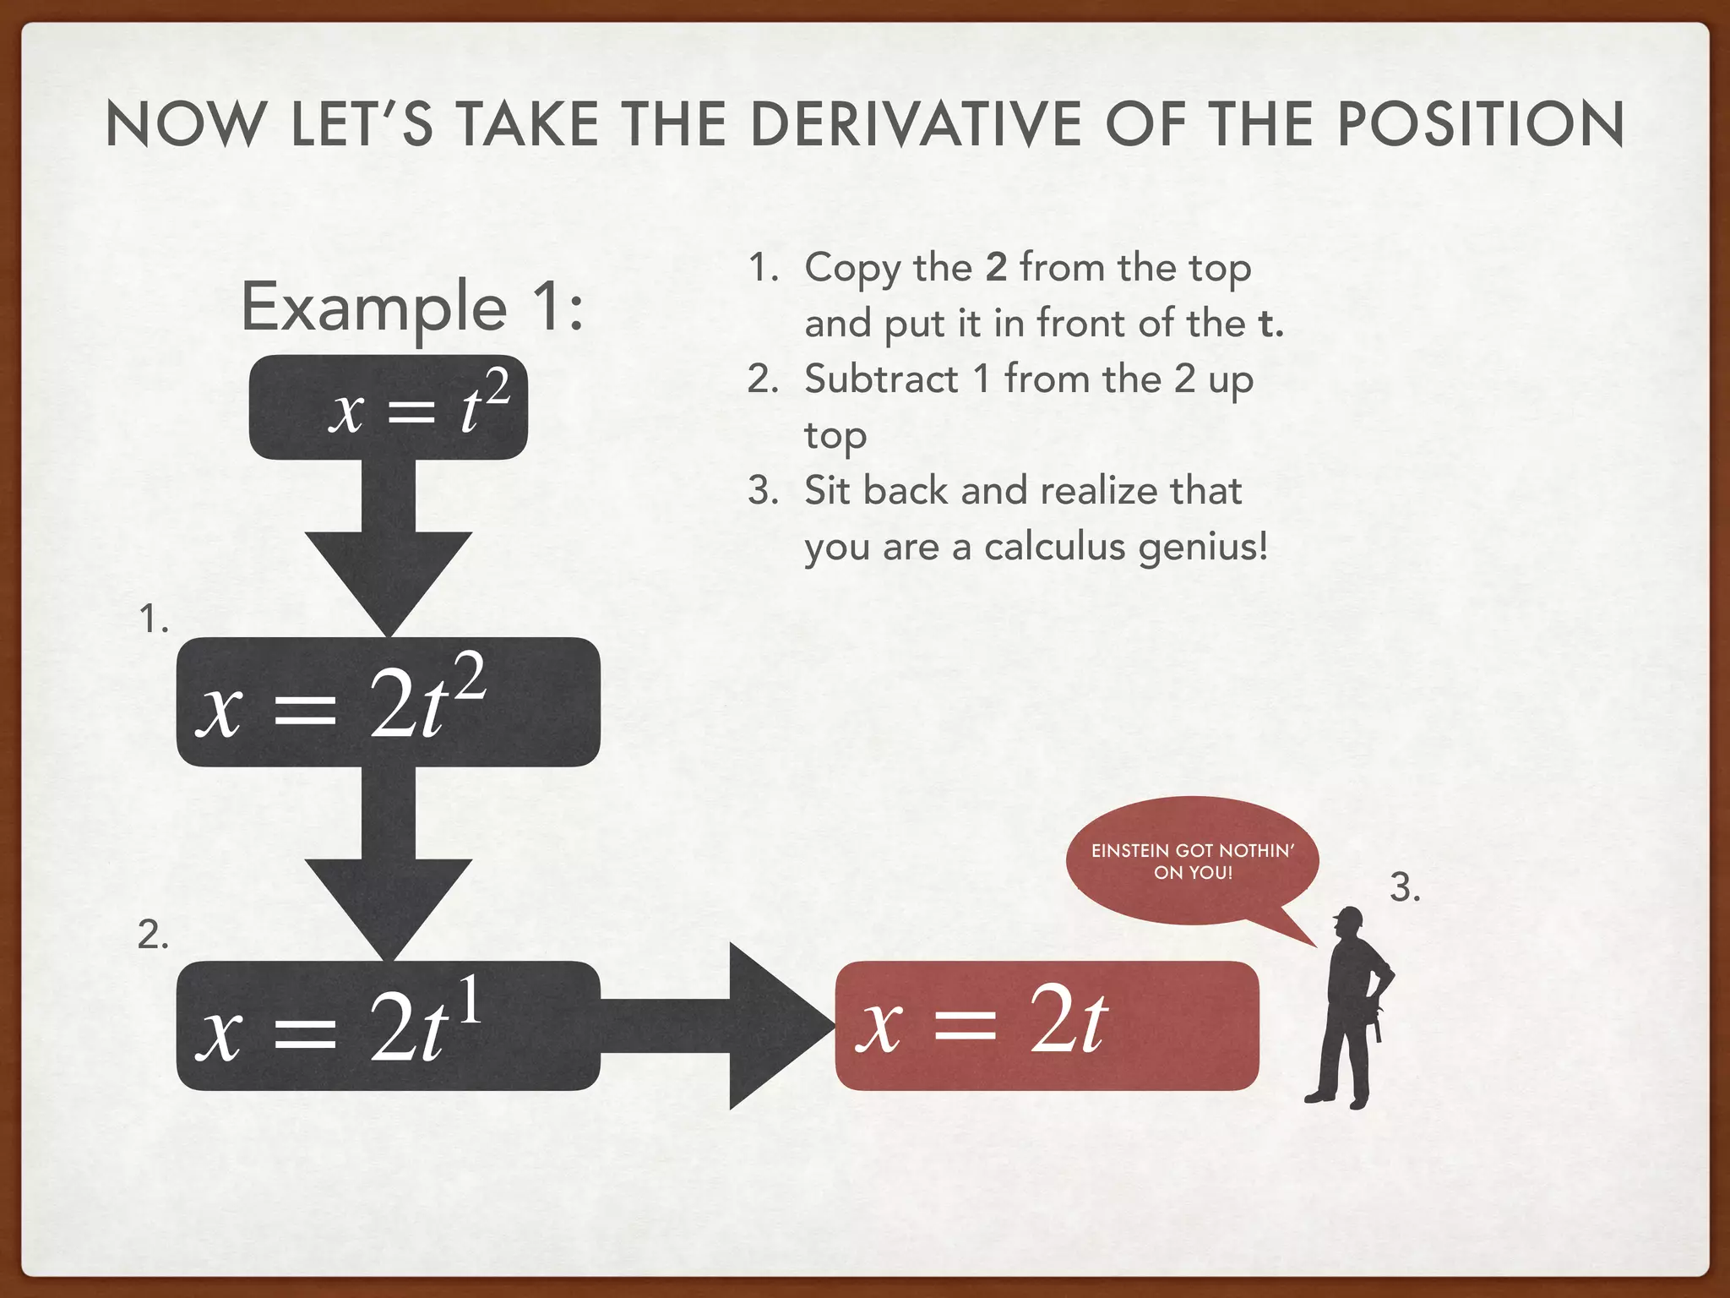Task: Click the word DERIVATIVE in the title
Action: coord(916,125)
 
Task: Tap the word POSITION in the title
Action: coord(1480,125)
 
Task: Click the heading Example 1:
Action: coord(412,306)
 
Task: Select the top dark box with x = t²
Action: coord(389,407)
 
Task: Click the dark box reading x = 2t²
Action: coord(389,702)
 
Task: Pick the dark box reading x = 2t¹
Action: coord(389,1025)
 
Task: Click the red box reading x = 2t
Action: coord(1047,1025)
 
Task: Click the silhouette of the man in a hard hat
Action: coord(1352,1014)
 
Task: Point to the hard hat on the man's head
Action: coord(1350,917)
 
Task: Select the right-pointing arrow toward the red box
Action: coord(726,1025)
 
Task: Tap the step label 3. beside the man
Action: coord(1405,887)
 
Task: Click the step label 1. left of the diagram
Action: coord(154,619)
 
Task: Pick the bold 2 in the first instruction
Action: coord(996,267)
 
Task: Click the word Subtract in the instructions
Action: coord(881,379)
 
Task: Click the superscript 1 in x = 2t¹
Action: coord(470,1000)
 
